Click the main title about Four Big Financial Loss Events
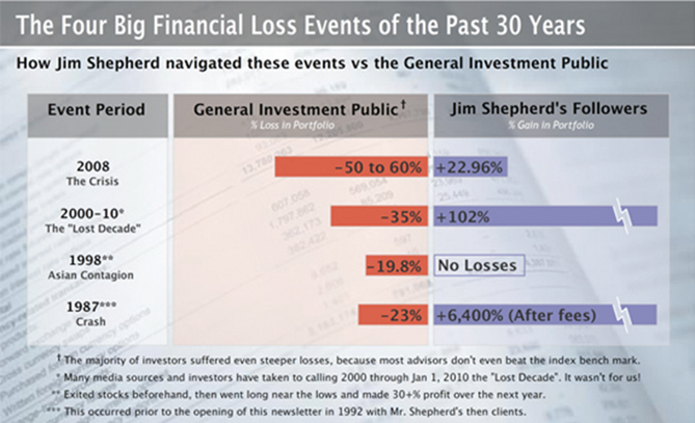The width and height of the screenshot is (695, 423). pyautogui.click(x=300, y=25)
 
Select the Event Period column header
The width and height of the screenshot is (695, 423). pyautogui.click(x=96, y=109)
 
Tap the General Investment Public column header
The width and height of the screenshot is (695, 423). pyautogui.click(x=299, y=109)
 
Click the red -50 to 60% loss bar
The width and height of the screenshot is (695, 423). pyautogui.click(x=350, y=167)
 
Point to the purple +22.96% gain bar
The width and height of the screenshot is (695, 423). pyautogui.click(x=471, y=167)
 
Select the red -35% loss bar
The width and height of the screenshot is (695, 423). pyautogui.click(x=379, y=216)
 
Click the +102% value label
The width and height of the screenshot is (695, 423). pyautogui.click(x=463, y=216)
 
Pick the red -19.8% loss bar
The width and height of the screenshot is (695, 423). pyautogui.click(x=396, y=265)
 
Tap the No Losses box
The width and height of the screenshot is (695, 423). pyautogui.click(x=477, y=265)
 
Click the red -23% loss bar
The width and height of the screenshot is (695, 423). pyautogui.click(x=392, y=314)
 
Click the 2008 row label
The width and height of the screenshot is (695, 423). pyautogui.click(x=97, y=163)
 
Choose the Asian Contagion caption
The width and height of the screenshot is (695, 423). pyautogui.click(x=97, y=276)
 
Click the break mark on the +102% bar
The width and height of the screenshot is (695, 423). pyautogui.click(x=622, y=216)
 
